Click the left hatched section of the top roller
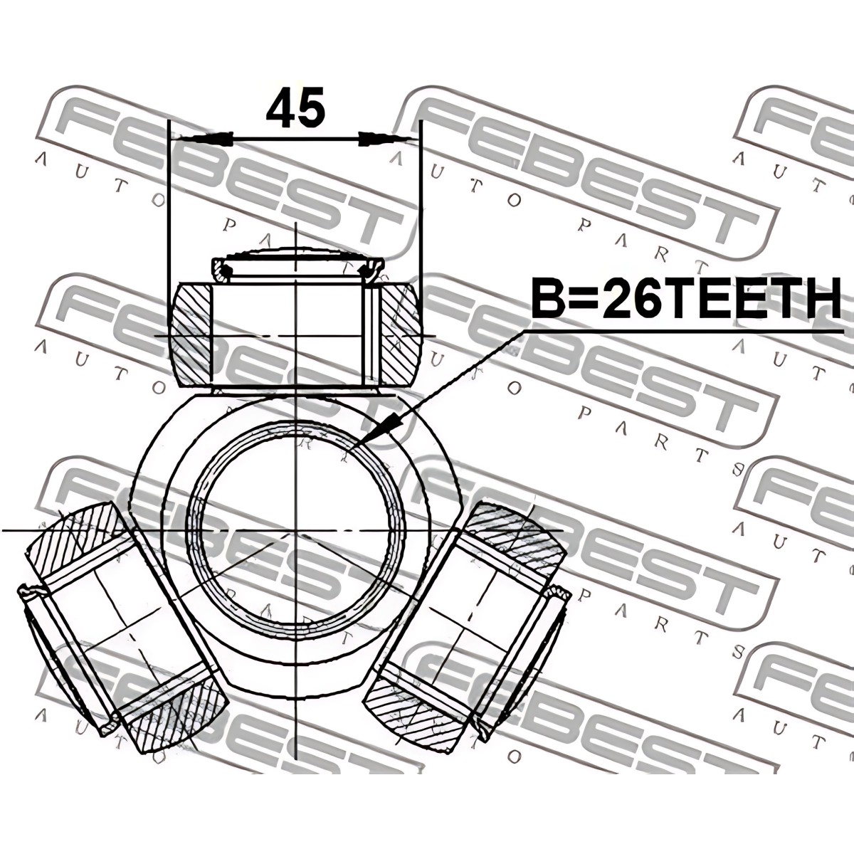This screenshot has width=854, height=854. pos(191,322)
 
